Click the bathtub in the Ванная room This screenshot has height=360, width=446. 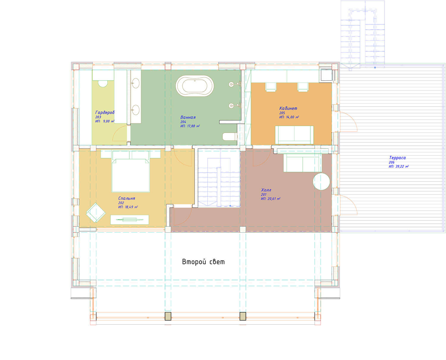pos(194,86)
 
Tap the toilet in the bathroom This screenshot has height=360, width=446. pos(230,137)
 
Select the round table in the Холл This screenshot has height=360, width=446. pos(321,181)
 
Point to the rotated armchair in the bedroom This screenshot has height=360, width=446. pos(96,213)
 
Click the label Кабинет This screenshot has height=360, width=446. pos(288,108)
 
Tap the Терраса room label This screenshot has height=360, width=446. pos(397,158)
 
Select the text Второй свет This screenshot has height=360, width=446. pos(203,262)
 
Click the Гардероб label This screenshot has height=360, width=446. pos(105,112)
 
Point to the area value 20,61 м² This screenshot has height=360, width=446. pos(274,199)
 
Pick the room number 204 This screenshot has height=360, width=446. pos(183,122)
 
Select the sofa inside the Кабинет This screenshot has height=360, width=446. pos(294,135)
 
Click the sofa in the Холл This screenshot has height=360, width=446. pos(303,163)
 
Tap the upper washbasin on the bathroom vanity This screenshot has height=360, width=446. pos(135,83)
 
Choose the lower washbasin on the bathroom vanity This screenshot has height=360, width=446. pos(135,110)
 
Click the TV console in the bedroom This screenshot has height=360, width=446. pos(130,220)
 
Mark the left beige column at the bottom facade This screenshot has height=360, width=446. pos(168,316)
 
